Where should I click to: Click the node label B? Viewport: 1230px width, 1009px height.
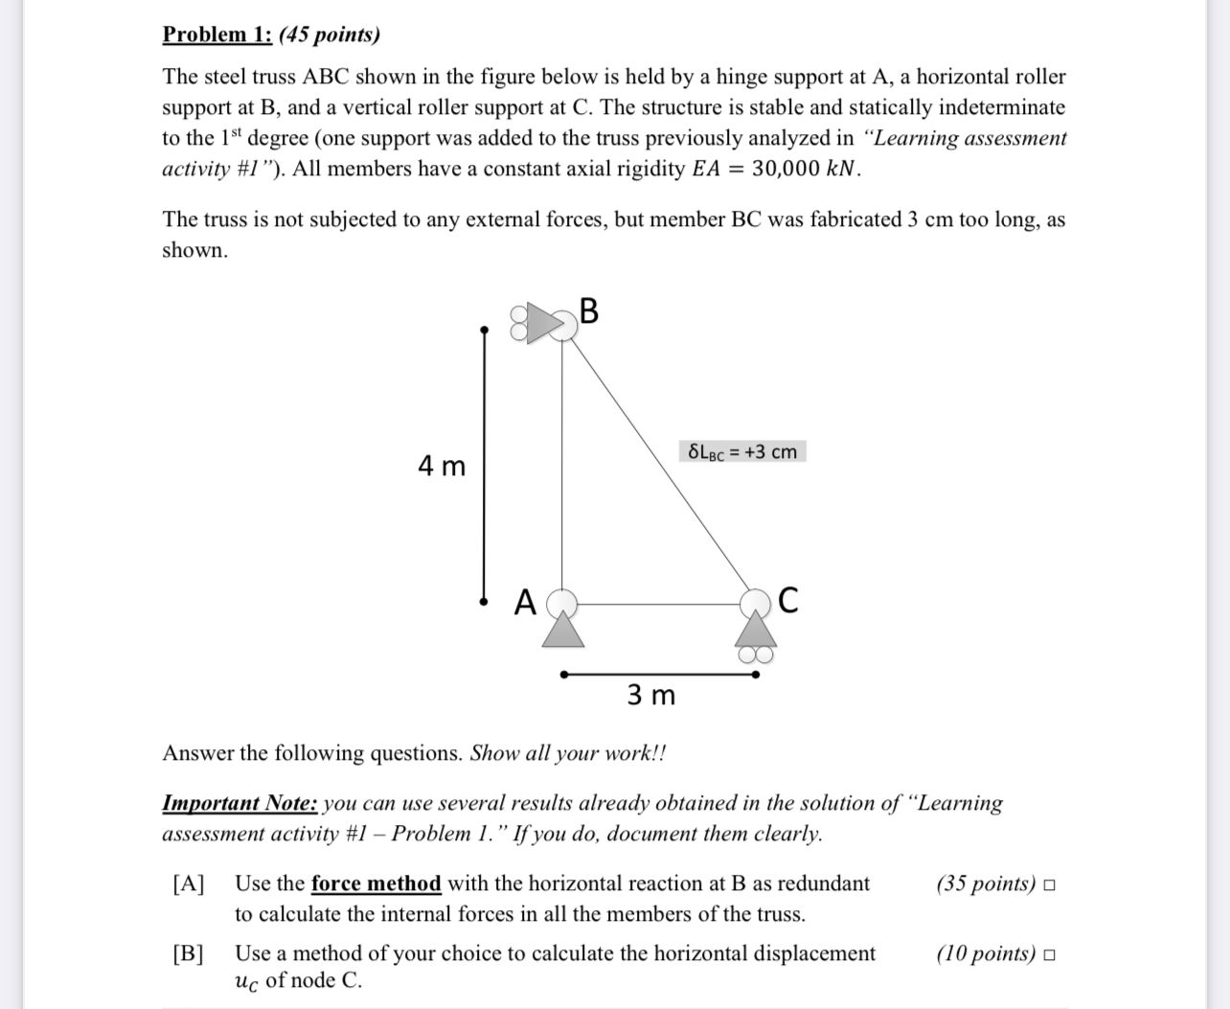[589, 311]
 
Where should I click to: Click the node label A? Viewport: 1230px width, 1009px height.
[524, 603]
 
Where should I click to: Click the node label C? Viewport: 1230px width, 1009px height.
[787, 601]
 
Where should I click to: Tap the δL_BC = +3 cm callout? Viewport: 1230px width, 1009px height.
[742, 451]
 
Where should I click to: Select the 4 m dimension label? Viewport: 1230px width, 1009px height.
[442, 467]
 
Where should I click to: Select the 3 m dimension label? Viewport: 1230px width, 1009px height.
[650, 695]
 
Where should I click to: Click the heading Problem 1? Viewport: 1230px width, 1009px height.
[217, 34]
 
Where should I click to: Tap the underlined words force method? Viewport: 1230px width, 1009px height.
[376, 883]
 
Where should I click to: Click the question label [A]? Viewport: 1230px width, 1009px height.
[189, 883]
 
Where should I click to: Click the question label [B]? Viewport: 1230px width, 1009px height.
[189, 953]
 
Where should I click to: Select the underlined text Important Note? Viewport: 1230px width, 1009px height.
[239, 803]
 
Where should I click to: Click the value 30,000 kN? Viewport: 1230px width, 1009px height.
[806, 170]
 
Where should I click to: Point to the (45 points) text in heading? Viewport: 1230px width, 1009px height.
[330, 34]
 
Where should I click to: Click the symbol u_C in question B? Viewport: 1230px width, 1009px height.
[247, 981]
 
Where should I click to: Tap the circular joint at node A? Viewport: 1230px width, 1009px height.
[563, 603]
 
